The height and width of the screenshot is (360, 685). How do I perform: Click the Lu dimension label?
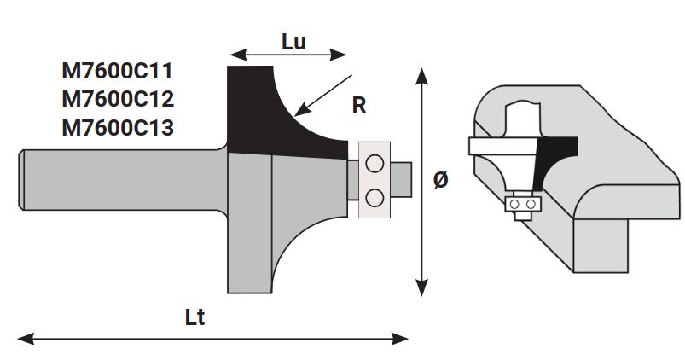[293, 40]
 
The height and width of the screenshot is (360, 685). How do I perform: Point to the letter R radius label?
[358, 106]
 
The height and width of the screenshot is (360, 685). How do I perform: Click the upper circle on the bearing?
[374, 164]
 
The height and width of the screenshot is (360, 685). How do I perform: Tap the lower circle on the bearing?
[374, 197]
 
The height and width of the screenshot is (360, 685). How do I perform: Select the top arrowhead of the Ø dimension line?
[421, 75]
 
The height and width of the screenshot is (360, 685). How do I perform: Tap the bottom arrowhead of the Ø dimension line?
[421, 289]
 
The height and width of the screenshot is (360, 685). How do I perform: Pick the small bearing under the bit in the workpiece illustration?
[521, 205]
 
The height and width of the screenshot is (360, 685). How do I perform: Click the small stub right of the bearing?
[401, 180]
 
